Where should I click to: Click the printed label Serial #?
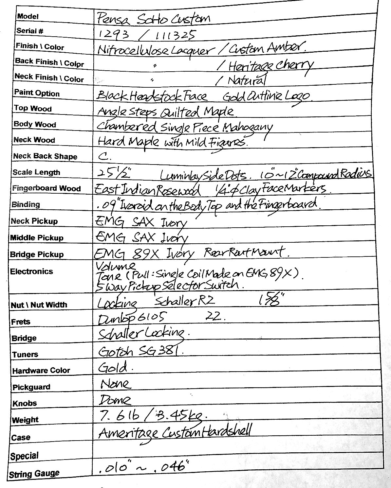click(x=30, y=31)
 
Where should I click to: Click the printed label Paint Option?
click(x=37, y=93)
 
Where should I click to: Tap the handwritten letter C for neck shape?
click(x=104, y=156)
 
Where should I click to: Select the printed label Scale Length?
click(x=36, y=172)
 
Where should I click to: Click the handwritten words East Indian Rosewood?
click(x=147, y=190)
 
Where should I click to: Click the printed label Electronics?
click(x=31, y=271)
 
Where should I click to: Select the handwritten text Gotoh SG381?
click(x=139, y=351)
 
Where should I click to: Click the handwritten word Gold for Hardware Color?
click(x=113, y=368)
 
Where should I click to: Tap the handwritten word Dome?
click(x=115, y=400)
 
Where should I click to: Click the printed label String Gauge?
click(x=34, y=474)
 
